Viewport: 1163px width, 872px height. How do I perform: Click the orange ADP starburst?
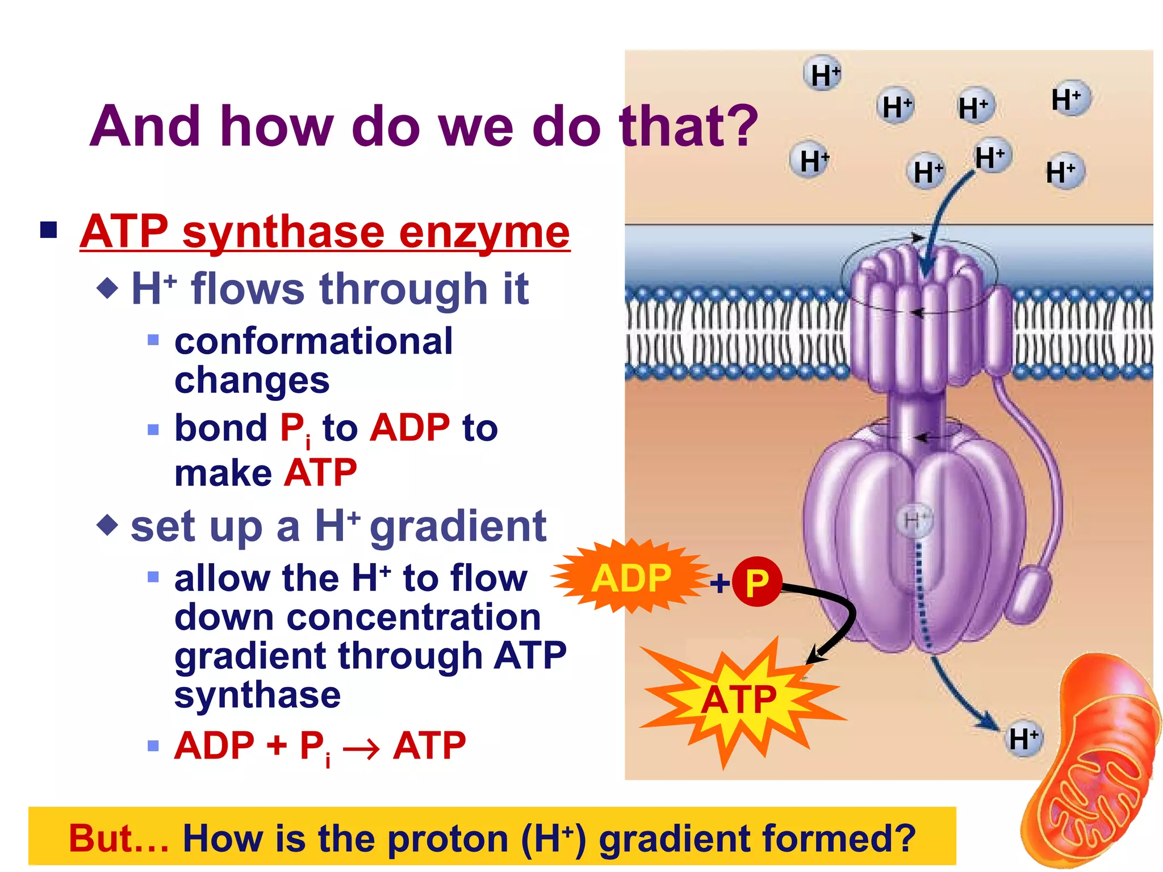(x=630, y=578)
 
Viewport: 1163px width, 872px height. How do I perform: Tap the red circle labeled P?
(x=757, y=582)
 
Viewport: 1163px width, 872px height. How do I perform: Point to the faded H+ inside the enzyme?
(x=915, y=520)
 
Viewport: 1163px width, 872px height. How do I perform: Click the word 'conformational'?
(x=313, y=341)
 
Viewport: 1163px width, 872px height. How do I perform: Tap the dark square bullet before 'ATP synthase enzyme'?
(x=49, y=230)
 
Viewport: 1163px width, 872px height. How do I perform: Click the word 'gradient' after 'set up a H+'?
(x=458, y=527)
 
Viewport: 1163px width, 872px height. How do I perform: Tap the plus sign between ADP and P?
(x=720, y=583)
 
